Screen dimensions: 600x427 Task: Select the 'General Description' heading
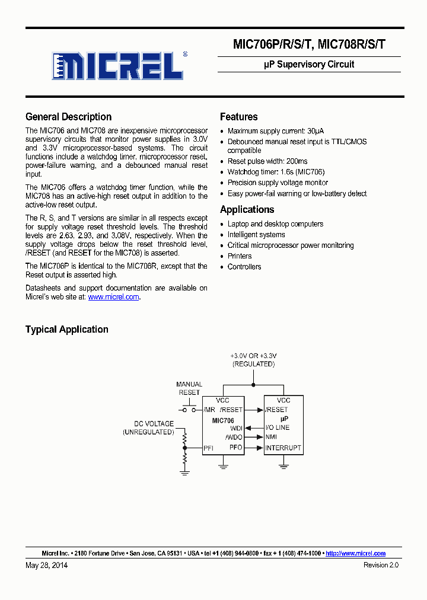click(x=68, y=117)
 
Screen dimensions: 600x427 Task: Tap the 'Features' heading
click(x=238, y=117)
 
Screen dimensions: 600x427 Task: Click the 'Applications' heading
click(x=247, y=209)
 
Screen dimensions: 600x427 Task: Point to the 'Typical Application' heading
click(x=66, y=329)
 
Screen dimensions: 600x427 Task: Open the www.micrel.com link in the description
click(x=113, y=297)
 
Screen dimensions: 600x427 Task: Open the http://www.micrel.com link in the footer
click(x=355, y=553)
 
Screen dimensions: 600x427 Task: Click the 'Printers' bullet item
click(x=240, y=256)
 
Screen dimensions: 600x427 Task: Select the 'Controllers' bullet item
click(x=244, y=267)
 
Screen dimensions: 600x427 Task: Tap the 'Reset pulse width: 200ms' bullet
click(x=267, y=161)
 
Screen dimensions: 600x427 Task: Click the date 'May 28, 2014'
click(x=46, y=565)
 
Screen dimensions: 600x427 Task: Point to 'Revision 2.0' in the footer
click(x=381, y=565)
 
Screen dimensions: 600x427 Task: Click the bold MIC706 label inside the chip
click(x=223, y=420)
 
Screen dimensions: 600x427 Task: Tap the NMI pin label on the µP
click(x=271, y=437)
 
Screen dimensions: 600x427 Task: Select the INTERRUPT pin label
click(x=283, y=448)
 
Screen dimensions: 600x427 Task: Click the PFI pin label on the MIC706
click(x=208, y=448)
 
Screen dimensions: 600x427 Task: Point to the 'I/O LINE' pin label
click(x=277, y=427)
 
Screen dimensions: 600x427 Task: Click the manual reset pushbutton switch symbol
click(x=189, y=408)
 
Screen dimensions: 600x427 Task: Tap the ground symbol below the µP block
click(x=283, y=466)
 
